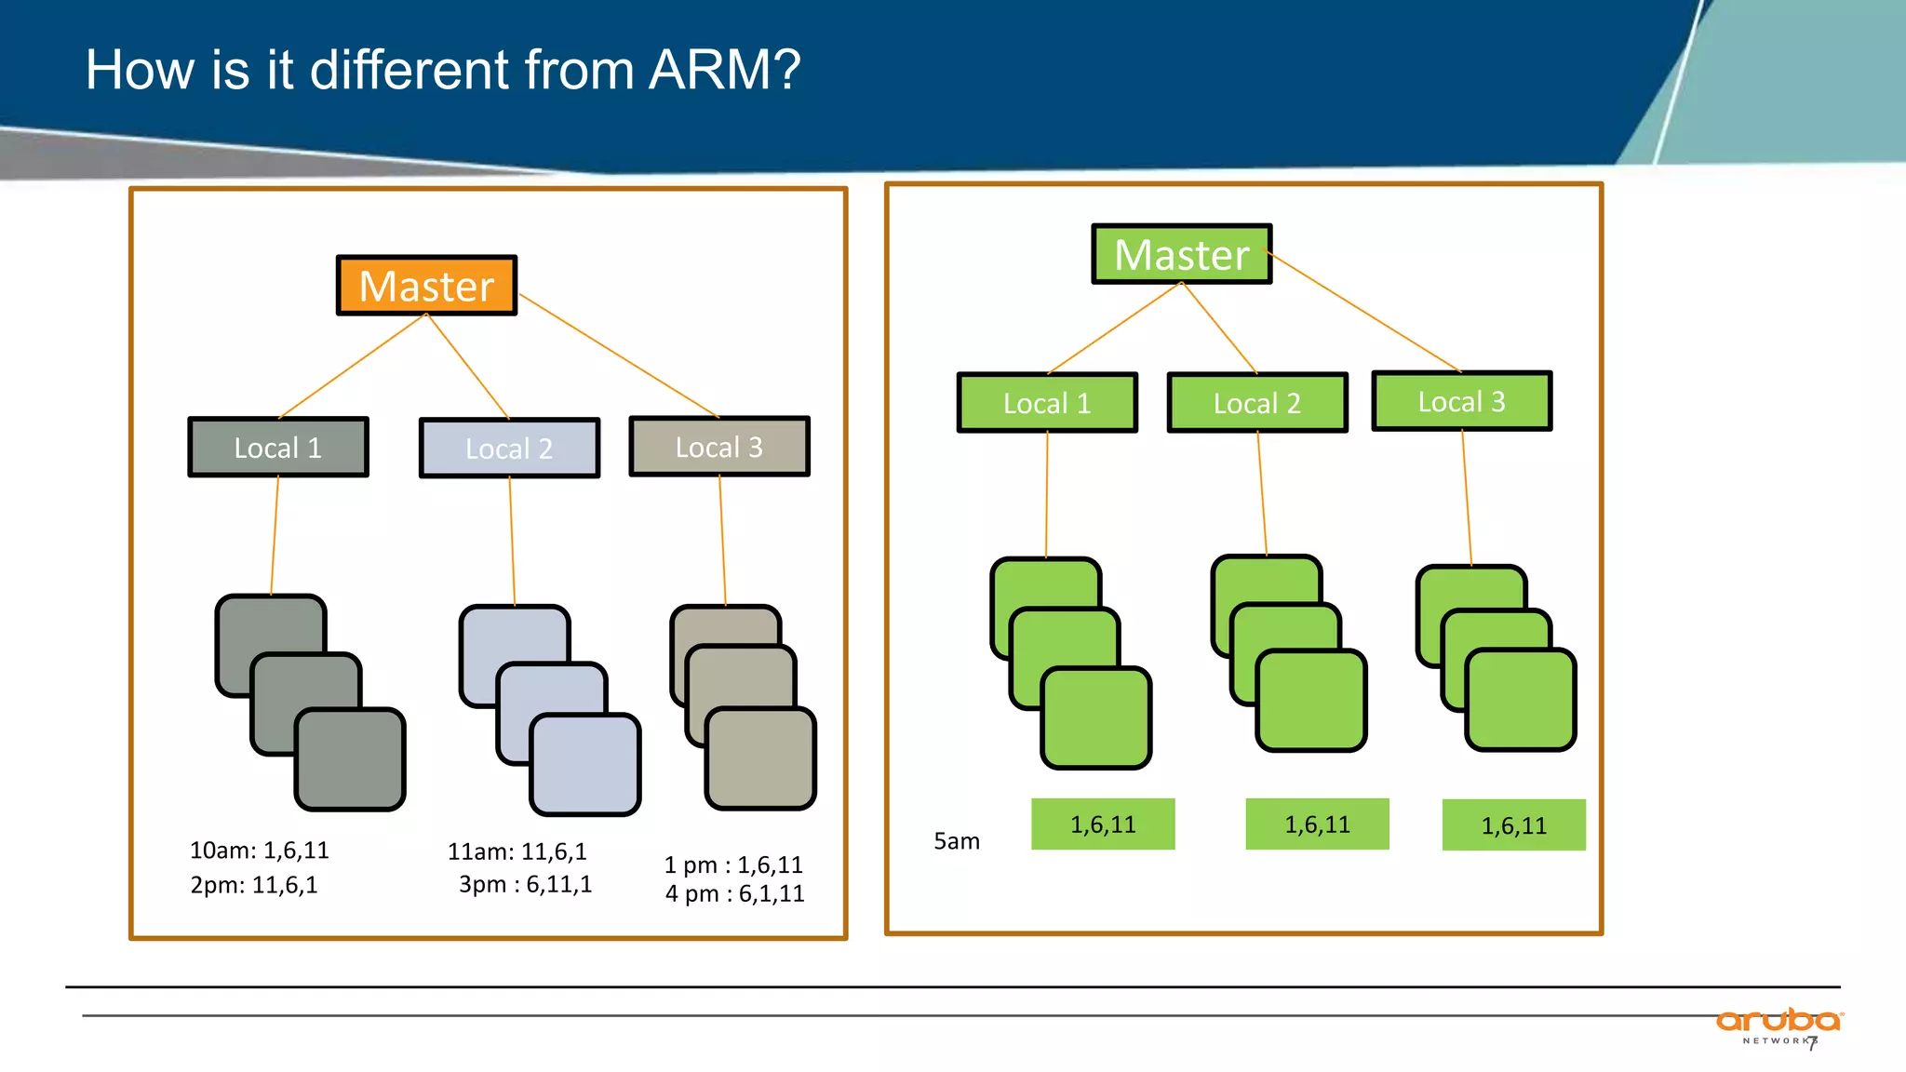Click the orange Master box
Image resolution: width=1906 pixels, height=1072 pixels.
pos(426,286)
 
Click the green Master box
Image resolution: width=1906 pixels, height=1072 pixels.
pos(1181,254)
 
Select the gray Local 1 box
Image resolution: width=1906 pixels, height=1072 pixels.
pos(278,448)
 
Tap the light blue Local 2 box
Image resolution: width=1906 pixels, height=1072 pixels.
pos(509,449)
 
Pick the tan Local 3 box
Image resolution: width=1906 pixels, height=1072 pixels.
pos(718,447)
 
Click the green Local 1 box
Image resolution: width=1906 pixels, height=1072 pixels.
pos(1047,403)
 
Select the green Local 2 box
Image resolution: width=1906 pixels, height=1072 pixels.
pos(1256,403)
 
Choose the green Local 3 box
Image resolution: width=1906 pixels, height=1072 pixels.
pos(1461,401)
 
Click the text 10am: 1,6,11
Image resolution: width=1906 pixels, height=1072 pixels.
pos(259,851)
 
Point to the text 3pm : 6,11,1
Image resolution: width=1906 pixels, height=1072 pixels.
pos(525,884)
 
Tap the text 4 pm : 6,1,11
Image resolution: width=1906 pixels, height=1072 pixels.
pos(734,894)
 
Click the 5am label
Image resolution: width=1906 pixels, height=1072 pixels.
pos(957,841)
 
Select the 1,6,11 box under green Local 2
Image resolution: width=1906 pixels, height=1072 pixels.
pos(1317,824)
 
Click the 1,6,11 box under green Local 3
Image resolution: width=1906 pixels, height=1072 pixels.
pos(1513,825)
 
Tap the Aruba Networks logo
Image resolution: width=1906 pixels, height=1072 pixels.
pos(1778,1025)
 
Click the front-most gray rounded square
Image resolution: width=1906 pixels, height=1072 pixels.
pos(350,759)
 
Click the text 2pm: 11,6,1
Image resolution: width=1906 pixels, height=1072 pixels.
pos(253,885)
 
